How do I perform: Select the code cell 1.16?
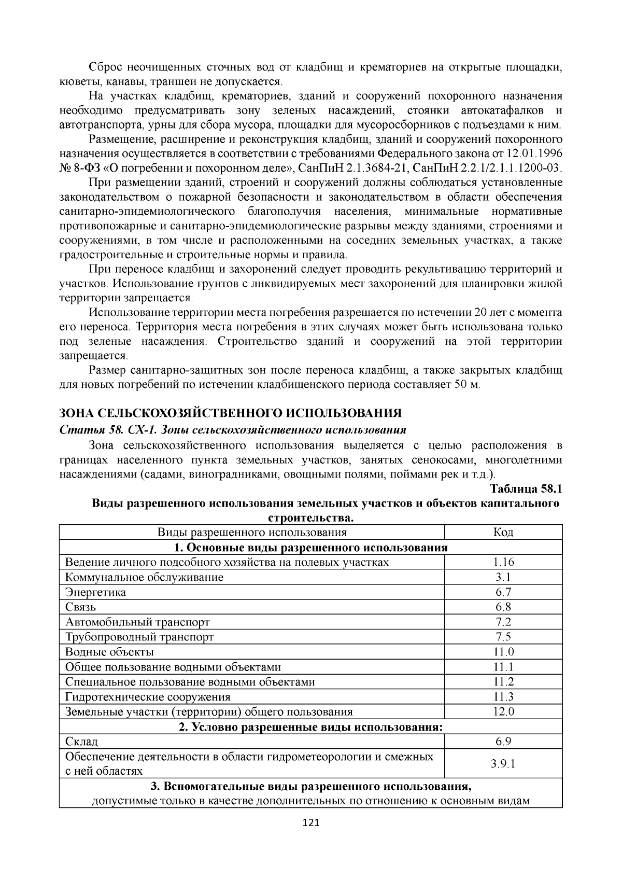pyautogui.click(x=503, y=562)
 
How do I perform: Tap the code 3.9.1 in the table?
pyautogui.click(x=503, y=763)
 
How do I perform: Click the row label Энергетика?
pyautogui.click(x=96, y=592)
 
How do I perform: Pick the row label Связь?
pyautogui.click(x=81, y=607)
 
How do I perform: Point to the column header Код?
pyautogui.click(x=503, y=532)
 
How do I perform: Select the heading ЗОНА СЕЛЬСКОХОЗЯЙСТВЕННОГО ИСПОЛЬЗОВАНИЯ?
pyautogui.click(x=231, y=413)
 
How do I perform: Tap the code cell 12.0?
pyautogui.click(x=503, y=711)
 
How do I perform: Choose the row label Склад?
pyautogui.click(x=82, y=742)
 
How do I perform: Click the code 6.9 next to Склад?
pyautogui.click(x=503, y=742)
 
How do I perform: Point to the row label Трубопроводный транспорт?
pyautogui.click(x=139, y=637)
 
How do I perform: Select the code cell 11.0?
pyautogui.click(x=503, y=652)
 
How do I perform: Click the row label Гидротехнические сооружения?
pyautogui.click(x=148, y=696)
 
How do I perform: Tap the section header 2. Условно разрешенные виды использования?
pyautogui.click(x=310, y=727)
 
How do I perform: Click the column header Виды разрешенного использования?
pyautogui.click(x=252, y=532)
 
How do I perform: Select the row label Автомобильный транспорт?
pyautogui.click(x=138, y=622)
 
